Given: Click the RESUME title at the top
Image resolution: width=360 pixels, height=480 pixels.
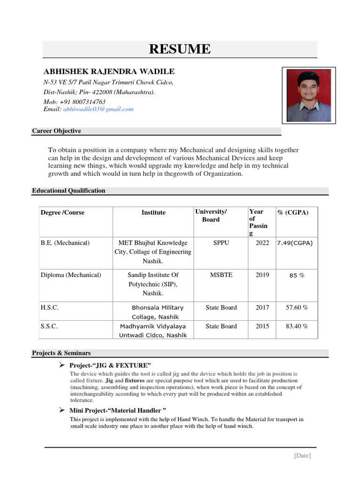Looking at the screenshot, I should [180, 49].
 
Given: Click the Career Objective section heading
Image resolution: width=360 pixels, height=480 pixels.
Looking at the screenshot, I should [56, 131].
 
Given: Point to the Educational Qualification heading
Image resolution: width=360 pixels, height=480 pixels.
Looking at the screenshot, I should [68, 191].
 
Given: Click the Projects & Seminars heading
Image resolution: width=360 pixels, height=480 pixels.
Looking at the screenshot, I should [61, 353].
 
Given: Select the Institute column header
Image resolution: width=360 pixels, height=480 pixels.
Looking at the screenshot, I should [153, 213].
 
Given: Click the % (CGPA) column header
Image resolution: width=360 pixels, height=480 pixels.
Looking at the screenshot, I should [293, 213].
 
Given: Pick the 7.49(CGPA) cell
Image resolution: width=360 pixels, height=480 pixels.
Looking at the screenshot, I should [295, 243].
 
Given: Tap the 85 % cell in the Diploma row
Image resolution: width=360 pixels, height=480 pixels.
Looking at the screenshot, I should [297, 276].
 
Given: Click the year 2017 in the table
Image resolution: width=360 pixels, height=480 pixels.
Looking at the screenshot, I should [262, 307].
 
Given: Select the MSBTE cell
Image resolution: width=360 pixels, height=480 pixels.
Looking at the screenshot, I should [221, 275].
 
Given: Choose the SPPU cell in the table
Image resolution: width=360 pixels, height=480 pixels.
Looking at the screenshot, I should [221, 243].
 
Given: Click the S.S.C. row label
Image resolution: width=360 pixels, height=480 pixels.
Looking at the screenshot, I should [49, 326].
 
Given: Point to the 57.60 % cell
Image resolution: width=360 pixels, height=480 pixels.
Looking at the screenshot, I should [297, 307].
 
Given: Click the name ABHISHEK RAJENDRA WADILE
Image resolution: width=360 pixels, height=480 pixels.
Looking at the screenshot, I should [109, 72].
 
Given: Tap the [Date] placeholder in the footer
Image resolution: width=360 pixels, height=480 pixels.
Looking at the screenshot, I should [302, 456].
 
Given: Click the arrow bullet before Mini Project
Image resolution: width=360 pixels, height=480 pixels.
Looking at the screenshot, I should [61, 410].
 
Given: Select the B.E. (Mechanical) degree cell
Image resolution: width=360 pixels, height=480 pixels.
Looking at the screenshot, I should [65, 243].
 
